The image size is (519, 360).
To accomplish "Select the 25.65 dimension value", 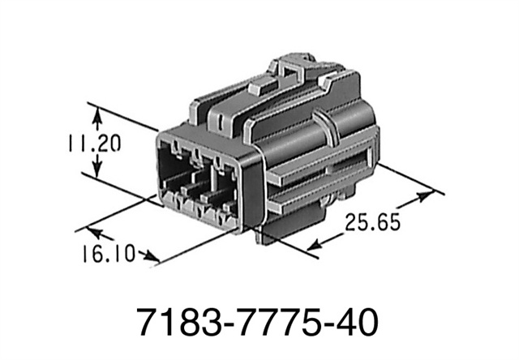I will [x=372, y=221].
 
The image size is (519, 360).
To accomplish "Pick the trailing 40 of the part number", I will [x=354, y=324].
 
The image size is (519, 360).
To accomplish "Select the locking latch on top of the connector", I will [x=296, y=69].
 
